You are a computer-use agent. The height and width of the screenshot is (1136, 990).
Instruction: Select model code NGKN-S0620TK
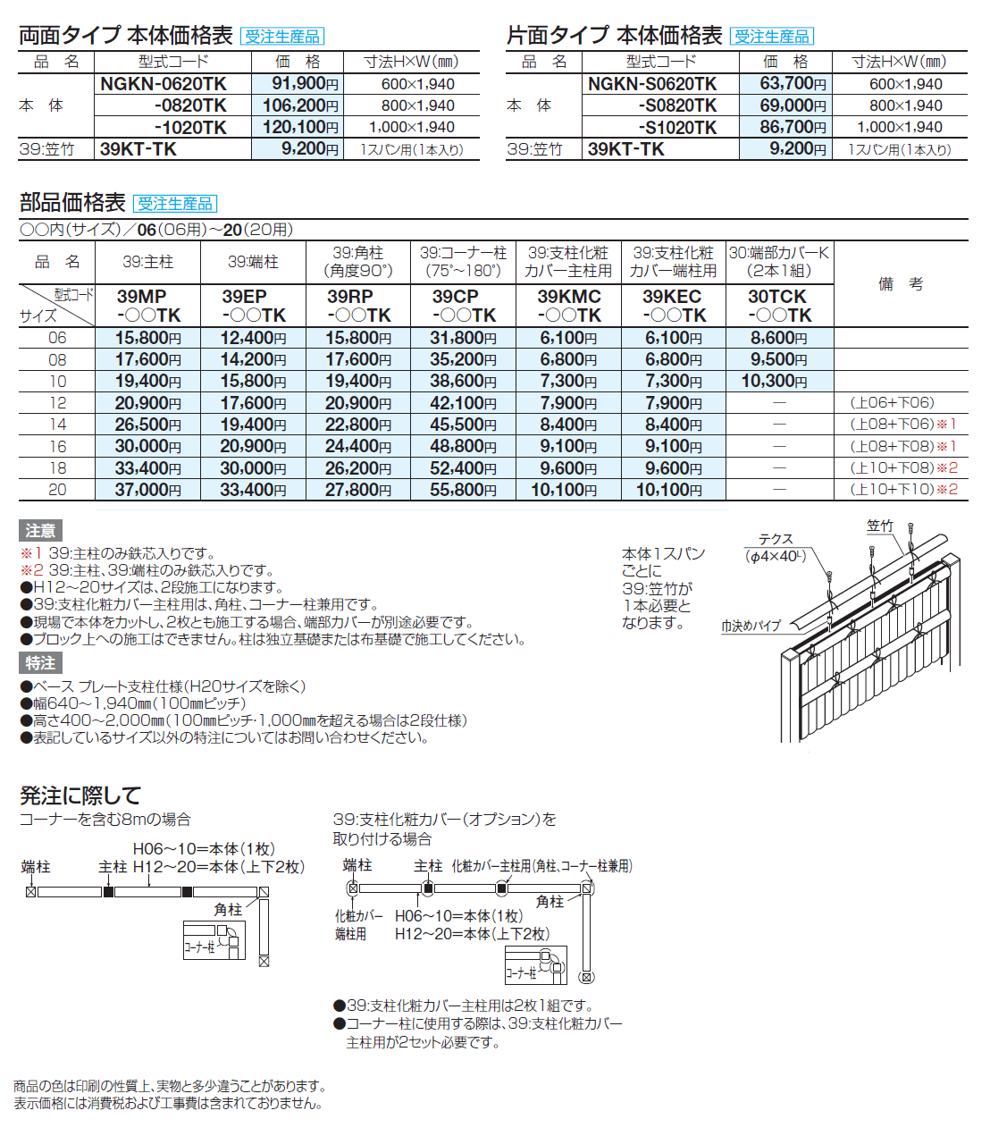(652, 84)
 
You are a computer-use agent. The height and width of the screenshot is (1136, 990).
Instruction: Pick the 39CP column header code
(464, 306)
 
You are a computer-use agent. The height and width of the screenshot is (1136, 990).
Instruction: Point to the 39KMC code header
(568, 306)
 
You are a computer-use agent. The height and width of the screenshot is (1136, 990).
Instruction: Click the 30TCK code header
(779, 306)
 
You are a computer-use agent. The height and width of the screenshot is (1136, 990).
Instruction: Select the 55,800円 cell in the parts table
(463, 490)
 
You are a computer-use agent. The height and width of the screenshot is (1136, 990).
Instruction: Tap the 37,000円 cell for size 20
(147, 490)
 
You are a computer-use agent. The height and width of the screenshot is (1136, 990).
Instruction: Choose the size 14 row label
(57, 425)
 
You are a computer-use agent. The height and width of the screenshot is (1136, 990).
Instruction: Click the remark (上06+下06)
(892, 403)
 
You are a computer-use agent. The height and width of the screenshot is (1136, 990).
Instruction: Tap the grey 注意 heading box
(40, 531)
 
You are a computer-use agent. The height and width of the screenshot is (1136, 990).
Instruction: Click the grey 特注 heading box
(40, 663)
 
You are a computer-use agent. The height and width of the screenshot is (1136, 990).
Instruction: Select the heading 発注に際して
(80, 795)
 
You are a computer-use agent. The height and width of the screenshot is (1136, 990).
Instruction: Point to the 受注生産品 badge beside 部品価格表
(175, 204)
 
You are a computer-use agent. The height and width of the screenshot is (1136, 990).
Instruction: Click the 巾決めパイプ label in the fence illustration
(751, 627)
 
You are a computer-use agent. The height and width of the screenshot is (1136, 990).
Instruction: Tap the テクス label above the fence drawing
(776, 539)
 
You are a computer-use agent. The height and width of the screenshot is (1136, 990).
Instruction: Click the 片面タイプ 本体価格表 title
(614, 36)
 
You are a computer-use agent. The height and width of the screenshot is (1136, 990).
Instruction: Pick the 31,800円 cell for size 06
(463, 338)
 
